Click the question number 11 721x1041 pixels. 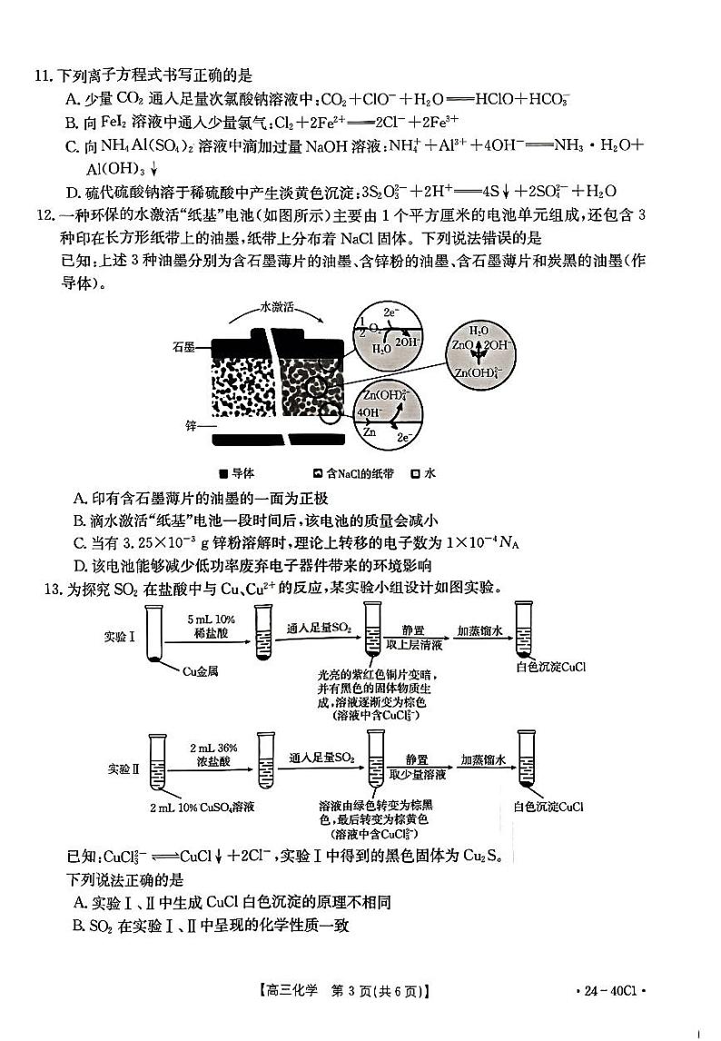point(37,74)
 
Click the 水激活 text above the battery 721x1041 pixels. point(279,306)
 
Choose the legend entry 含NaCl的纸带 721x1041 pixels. point(354,473)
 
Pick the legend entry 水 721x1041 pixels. point(428,473)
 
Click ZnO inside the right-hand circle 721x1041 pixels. point(461,346)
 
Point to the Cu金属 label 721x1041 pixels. point(200,671)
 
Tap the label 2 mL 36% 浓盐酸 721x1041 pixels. point(213,755)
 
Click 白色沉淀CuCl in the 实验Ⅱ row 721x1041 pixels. point(548,806)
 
